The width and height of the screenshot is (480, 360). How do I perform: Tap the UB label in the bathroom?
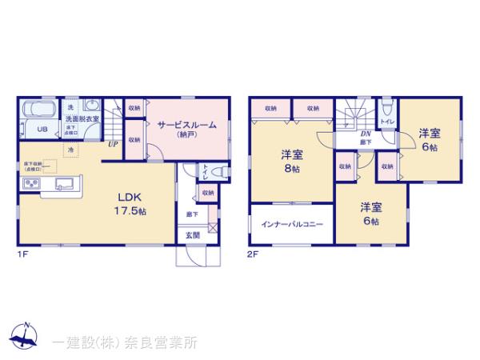pyautogui.click(x=38, y=129)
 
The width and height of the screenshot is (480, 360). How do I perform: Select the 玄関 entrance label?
pyautogui.click(x=194, y=235)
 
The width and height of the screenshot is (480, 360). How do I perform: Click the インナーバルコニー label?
pyautogui.click(x=291, y=224)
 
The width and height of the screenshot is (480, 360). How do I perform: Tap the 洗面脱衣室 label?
pyautogui.click(x=82, y=118)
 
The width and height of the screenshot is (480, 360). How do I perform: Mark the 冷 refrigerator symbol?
pyautogui.click(x=70, y=150)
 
